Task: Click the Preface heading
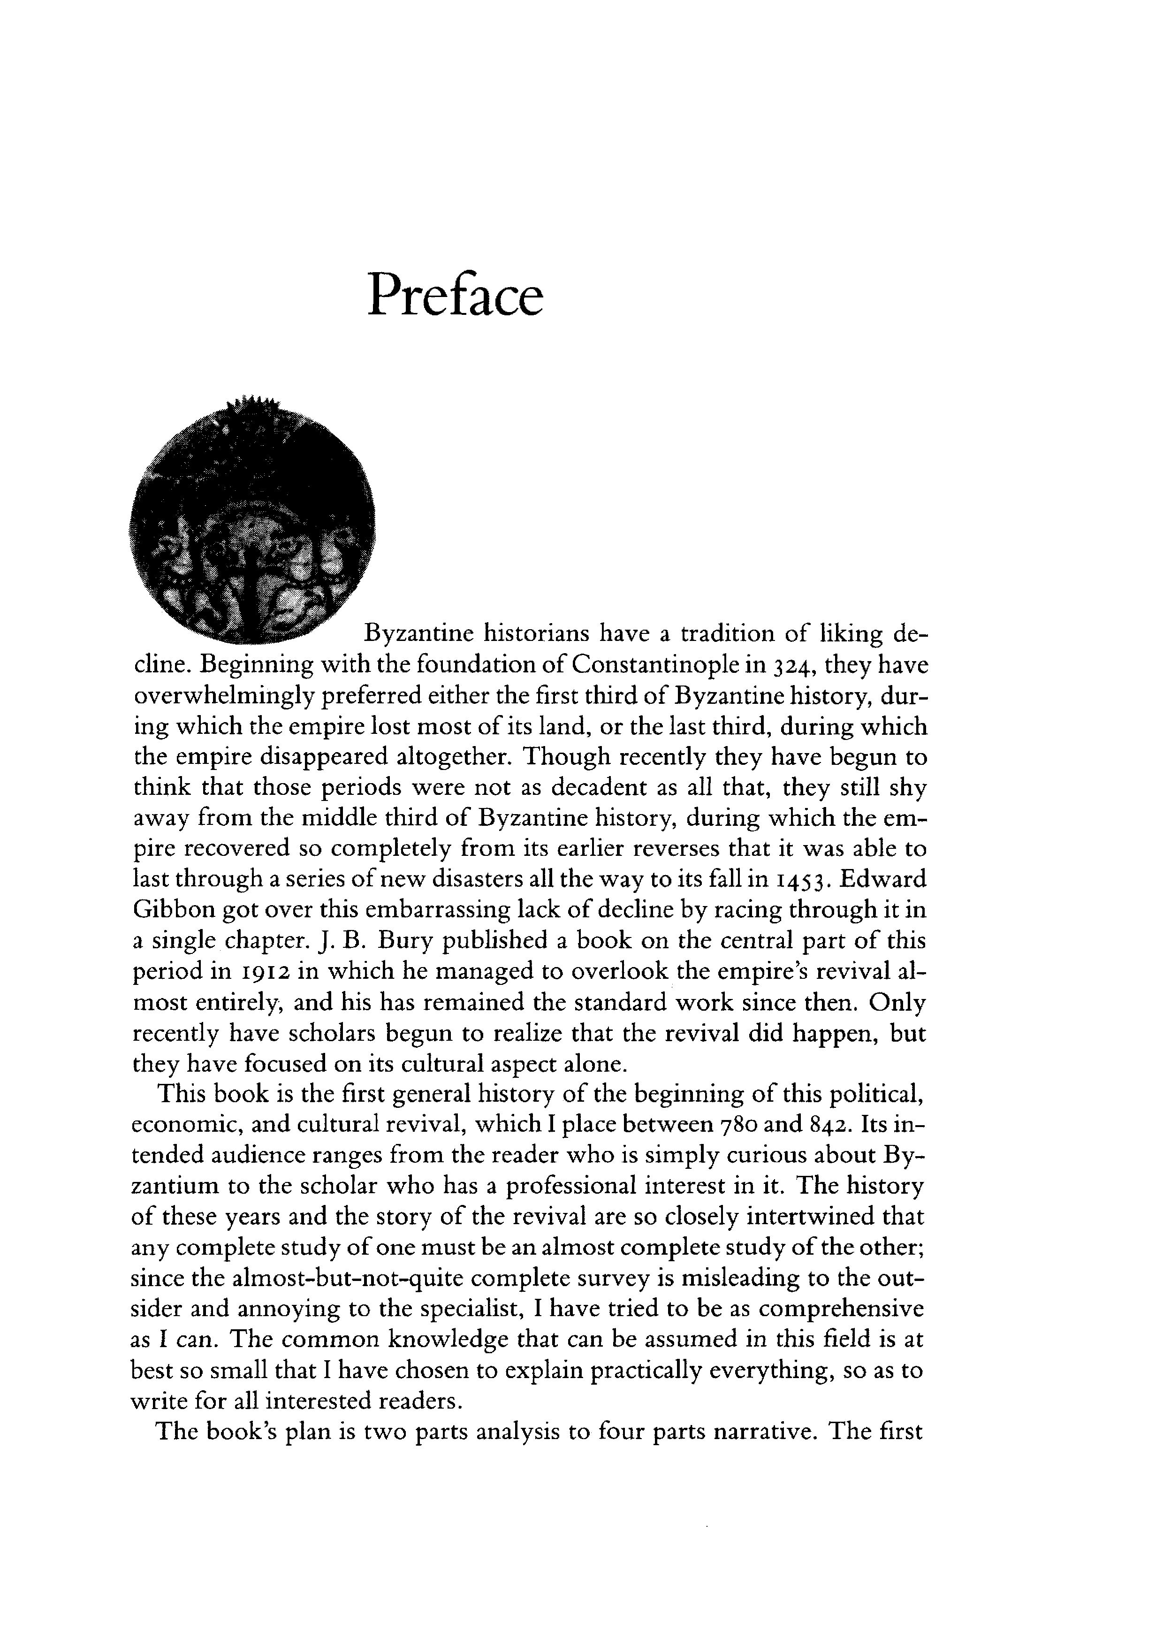coord(455,295)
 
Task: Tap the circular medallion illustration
coord(252,521)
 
